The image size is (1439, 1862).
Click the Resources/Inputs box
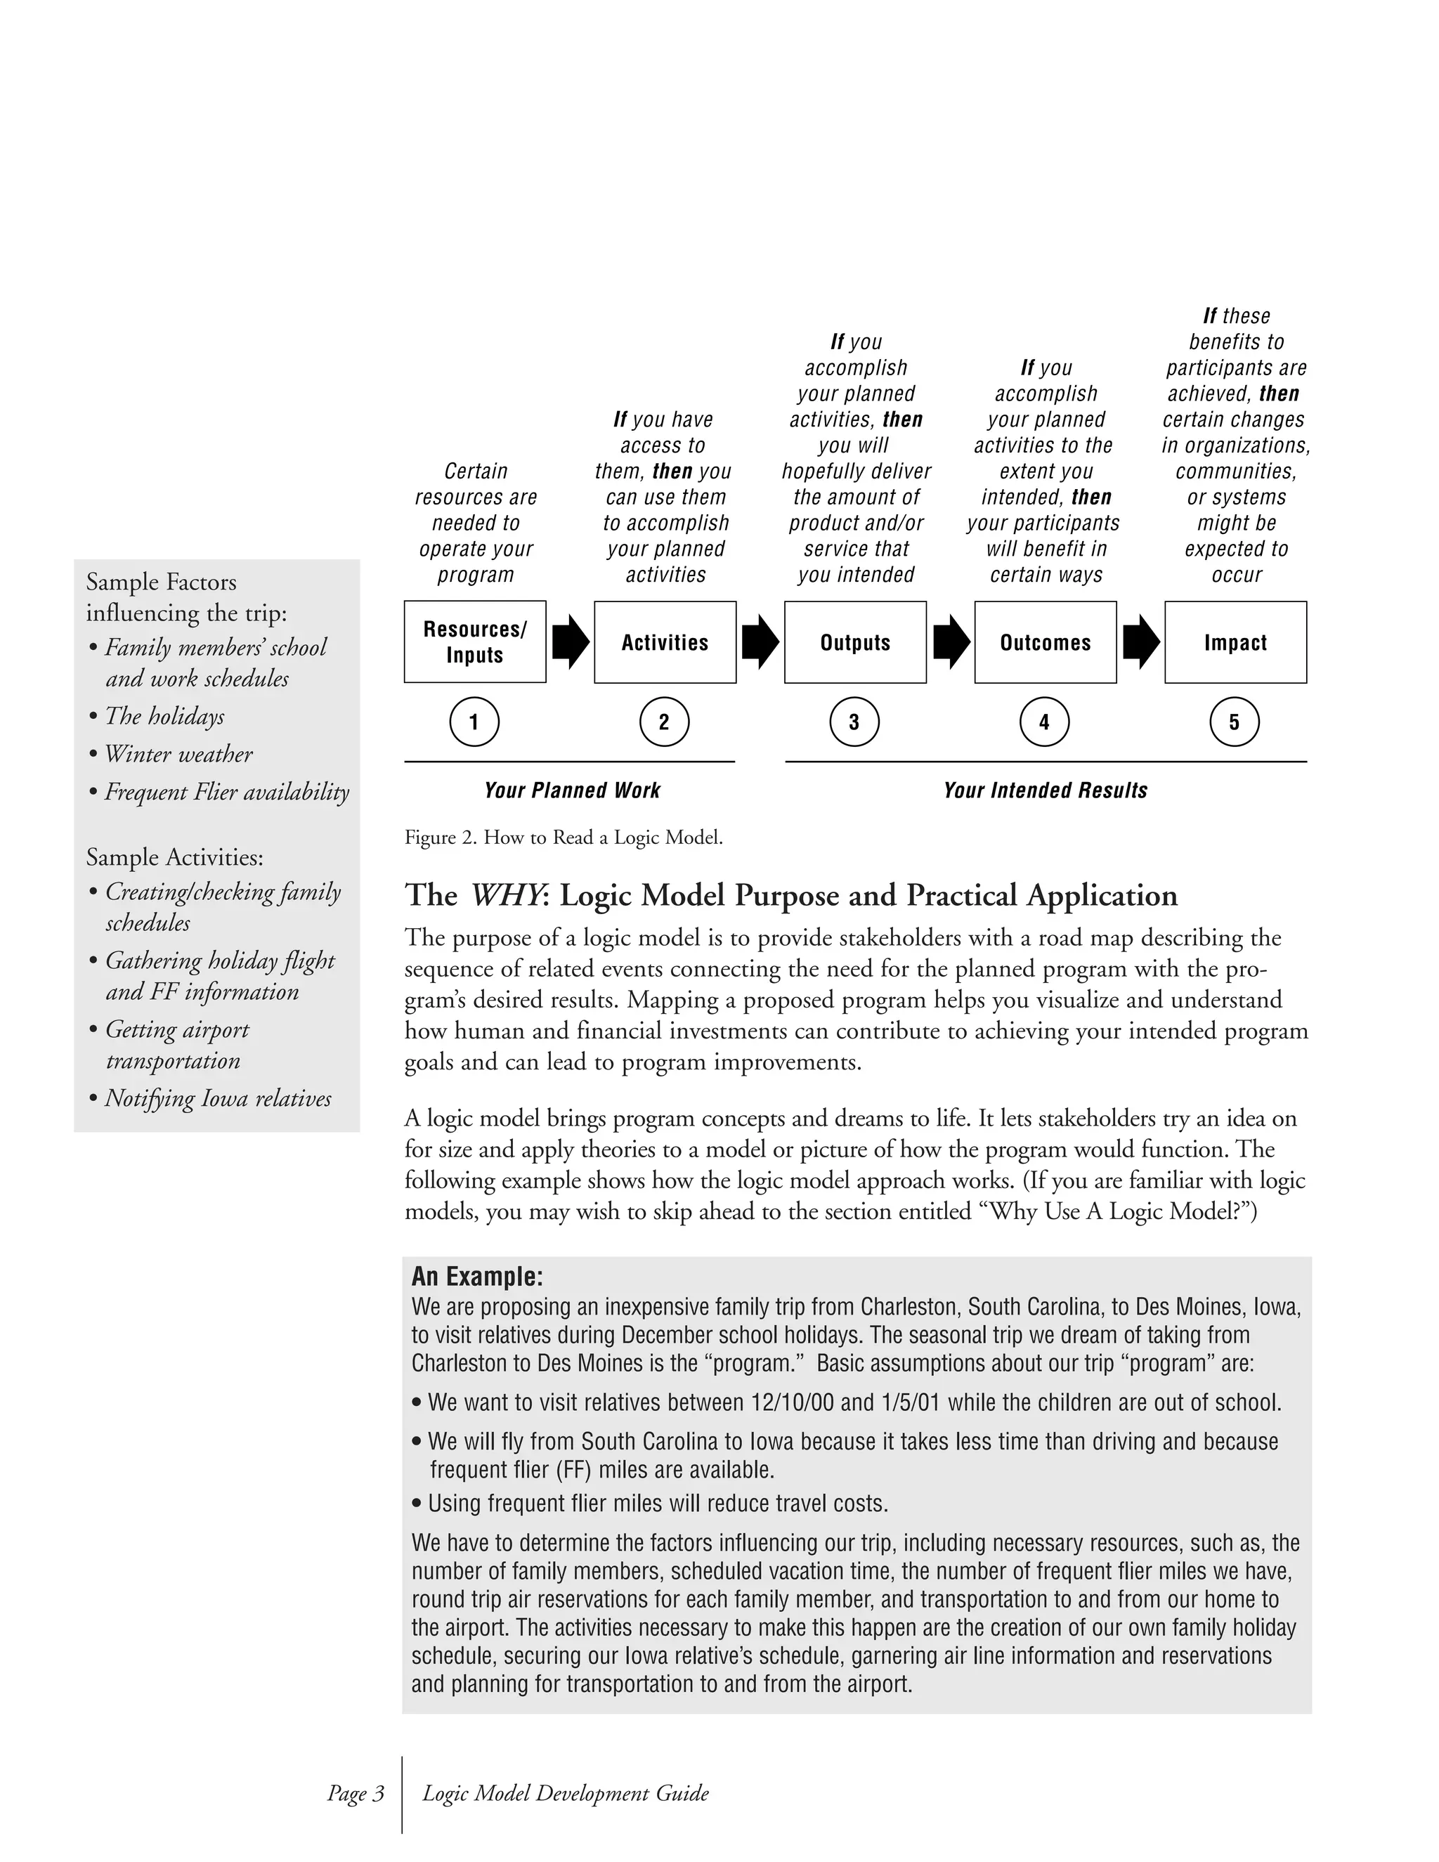[x=475, y=642]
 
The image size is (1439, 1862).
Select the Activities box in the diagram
[x=665, y=642]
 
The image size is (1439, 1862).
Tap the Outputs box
[x=855, y=642]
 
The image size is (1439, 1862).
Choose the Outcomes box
[x=1045, y=642]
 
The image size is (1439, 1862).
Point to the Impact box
[x=1235, y=642]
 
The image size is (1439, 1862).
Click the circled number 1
[x=474, y=722]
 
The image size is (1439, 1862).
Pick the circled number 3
[x=854, y=722]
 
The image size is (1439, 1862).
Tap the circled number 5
[x=1235, y=722]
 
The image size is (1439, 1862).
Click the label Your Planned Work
[x=572, y=790]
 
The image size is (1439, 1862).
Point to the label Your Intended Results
[x=1045, y=790]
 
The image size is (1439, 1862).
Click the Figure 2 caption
[x=564, y=838]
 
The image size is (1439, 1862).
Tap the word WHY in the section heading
[x=505, y=895]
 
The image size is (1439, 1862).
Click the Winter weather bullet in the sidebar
[x=178, y=755]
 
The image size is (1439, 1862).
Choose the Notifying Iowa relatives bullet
[x=217, y=1098]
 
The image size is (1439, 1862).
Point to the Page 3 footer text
[x=356, y=1793]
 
